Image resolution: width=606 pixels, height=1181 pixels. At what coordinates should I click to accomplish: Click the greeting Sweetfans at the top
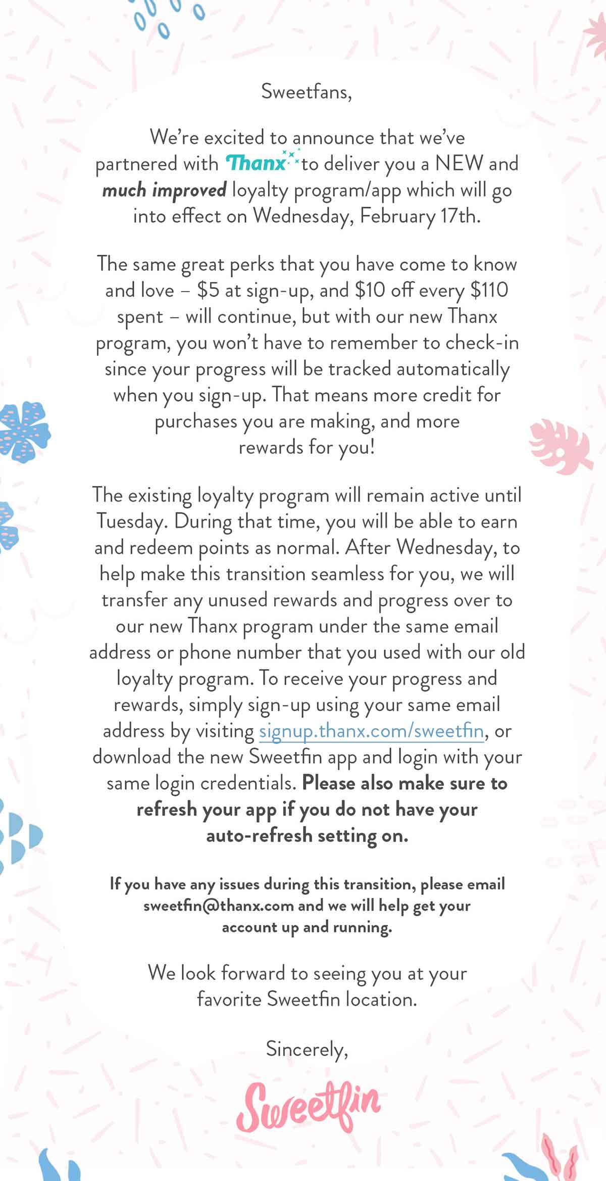coord(306,92)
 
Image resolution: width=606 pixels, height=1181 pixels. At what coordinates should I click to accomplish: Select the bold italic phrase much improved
coord(164,190)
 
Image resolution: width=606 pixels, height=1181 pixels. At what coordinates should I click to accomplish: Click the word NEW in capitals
coord(459,163)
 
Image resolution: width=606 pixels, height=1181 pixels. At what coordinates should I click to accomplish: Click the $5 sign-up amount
coord(208,290)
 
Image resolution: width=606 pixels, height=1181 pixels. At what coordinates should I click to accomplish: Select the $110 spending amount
coord(489,290)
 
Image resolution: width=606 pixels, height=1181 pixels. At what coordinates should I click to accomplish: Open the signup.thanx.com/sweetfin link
coord(371,731)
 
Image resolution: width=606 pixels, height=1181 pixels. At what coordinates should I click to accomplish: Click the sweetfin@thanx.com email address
coord(218,906)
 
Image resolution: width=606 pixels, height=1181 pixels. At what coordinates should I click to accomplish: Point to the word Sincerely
coord(307,1049)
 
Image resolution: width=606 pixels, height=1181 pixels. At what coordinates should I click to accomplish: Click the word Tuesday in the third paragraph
coord(131,522)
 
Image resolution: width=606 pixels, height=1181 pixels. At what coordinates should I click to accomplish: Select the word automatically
coord(452,369)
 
